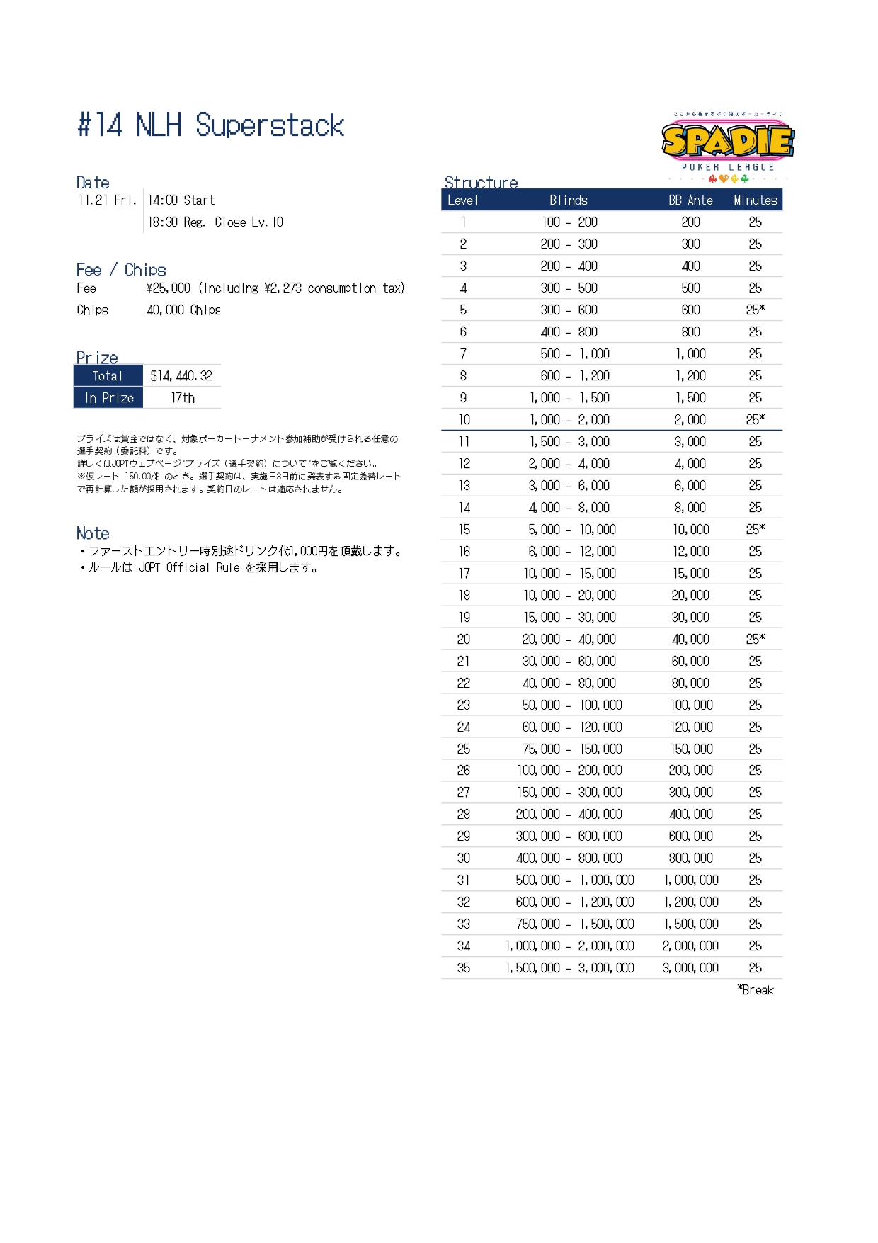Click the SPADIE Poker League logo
pos(727,144)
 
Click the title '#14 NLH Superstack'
pos(210,125)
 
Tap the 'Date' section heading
pos(93,183)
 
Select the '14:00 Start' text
pos(181,200)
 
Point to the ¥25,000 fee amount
pos(169,288)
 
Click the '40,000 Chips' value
pos(183,310)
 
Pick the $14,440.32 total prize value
pos(181,376)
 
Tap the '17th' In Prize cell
pos(183,398)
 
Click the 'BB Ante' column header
pos(690,200)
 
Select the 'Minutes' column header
pos(755,200)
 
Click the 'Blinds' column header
pos(569,200)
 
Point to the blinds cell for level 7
pos(574,354)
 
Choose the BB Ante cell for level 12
pos(690,464)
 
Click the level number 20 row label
pos(463,640)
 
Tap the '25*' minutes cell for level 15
pos(755,530)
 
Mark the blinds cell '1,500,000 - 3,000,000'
pos(569,968)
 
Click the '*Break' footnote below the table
pos(756,990)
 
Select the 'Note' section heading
pos(93,533)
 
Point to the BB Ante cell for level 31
pos(690,880)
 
